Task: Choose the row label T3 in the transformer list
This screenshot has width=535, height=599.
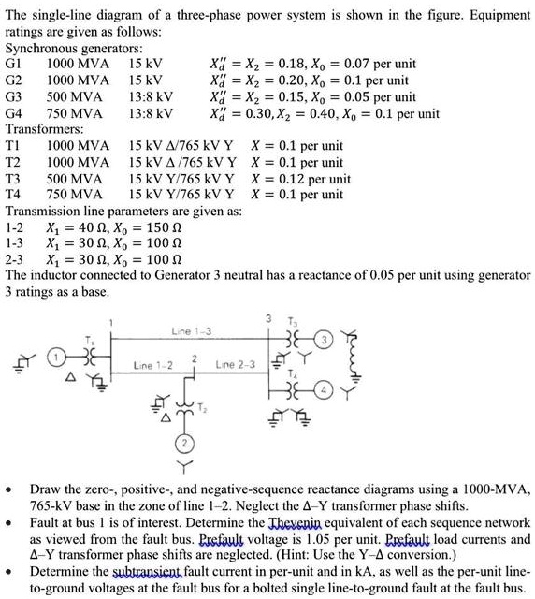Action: (14, 178)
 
